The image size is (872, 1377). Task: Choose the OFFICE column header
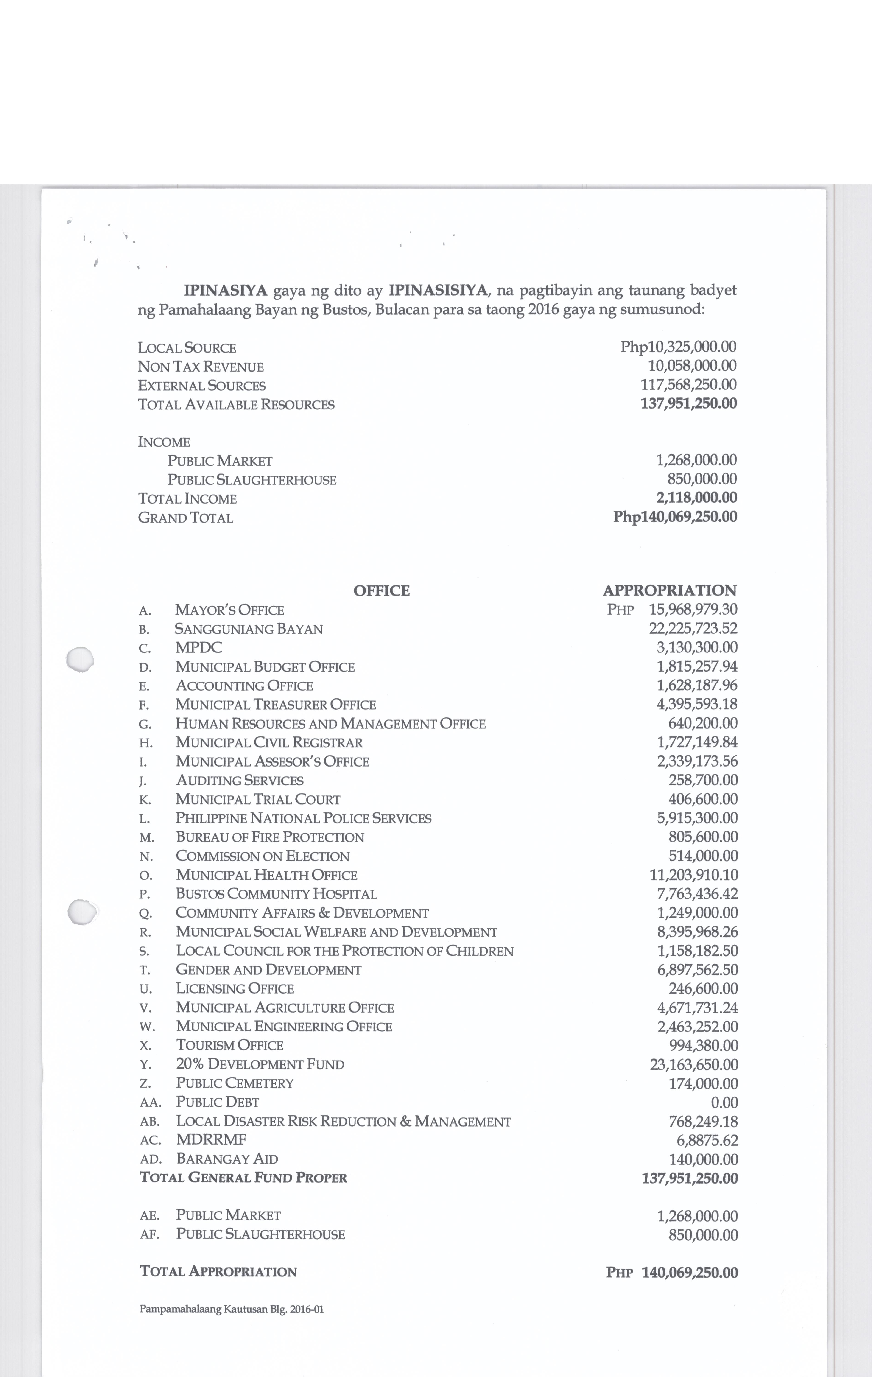tap(381, 591)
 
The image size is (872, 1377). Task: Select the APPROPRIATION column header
tap(670, 591)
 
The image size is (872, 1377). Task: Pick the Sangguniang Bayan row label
tap(249, 629)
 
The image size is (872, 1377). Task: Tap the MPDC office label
tap(198, 648)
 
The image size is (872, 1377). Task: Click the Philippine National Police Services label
tap(303, 818)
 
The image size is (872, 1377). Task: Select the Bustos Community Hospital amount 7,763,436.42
tap(697, 894)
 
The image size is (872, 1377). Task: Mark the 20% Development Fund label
tap(260, 1064)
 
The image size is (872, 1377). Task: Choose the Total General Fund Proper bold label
tap(244, 1178)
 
